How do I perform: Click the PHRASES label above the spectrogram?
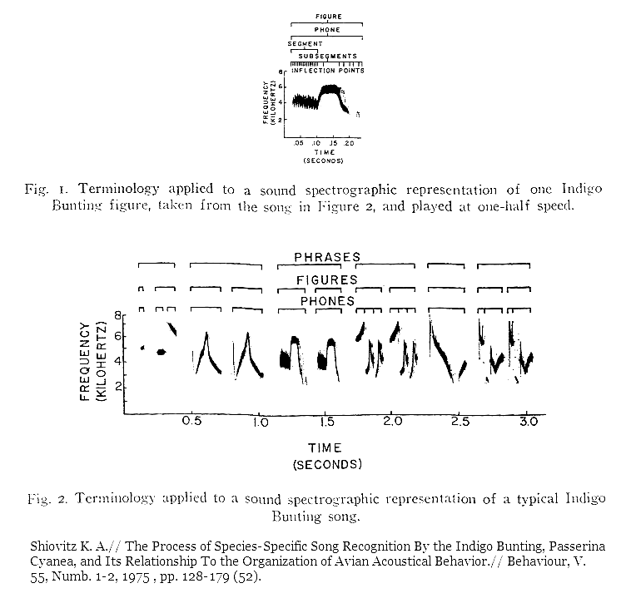tap(327, 257)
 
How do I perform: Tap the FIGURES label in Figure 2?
tap(327, 280)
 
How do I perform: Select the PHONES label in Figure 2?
tap(327, 301)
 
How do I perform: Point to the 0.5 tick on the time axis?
tap(191, 422)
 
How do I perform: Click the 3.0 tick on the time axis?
tap(528, 422)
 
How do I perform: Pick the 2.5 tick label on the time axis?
tap(460, 422)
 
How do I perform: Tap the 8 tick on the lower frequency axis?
tap(118, 315)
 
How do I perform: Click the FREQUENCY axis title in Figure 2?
tap(85, 362)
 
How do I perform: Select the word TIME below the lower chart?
tap(325, 447)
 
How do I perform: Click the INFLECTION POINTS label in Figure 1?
tap(328, 71)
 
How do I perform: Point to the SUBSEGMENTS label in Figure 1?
tap(328, 57)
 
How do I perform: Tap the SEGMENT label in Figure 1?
tap(305, 43)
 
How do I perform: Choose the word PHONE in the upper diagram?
tap(327, 30)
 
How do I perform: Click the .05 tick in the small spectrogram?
tap(298, 144)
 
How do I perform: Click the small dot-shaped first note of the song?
tap(142, 348)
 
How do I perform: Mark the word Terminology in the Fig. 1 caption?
tap(119, 189)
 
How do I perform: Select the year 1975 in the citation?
tap(136, 577)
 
